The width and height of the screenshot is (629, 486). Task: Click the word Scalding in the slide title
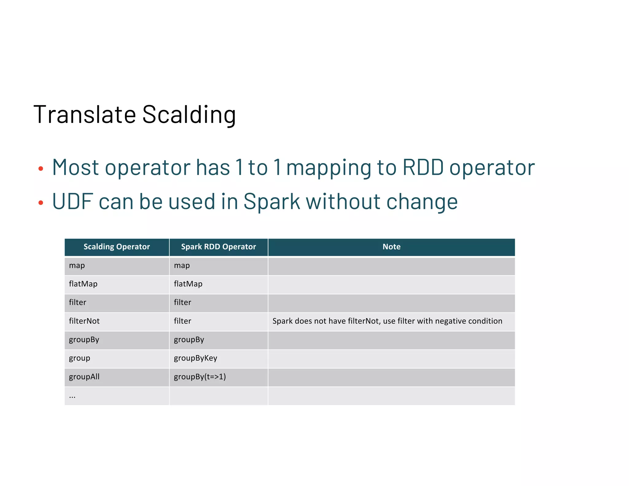tap(189, 115)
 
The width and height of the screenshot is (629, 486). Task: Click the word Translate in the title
tap(84, 115)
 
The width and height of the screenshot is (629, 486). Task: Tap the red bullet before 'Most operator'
tap(41, 168)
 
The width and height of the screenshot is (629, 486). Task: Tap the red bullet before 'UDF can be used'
tap(41, 202)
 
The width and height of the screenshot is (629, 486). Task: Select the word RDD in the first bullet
tap(423, 168)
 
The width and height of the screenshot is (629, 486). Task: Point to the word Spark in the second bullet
tap(272, 202)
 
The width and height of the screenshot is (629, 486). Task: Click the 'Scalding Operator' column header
tap(117, 247)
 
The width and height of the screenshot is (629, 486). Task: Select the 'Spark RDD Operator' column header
tap(218, 247)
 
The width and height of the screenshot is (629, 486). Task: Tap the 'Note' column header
tap(391, 247)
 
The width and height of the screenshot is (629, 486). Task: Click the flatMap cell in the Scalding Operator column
tap(83, 284)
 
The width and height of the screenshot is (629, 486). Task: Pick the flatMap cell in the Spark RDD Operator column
tap(188, 284)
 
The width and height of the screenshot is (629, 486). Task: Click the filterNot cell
tap(84, 321)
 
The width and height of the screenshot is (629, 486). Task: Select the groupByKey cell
tap(195, 358)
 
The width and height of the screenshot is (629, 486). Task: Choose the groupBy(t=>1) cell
tap(200, 377)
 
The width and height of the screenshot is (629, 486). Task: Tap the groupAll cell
tap(84, 377)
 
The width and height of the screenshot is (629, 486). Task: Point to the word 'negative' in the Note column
tap(450, 321)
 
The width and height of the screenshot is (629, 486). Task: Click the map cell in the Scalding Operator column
tap(77, 265)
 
